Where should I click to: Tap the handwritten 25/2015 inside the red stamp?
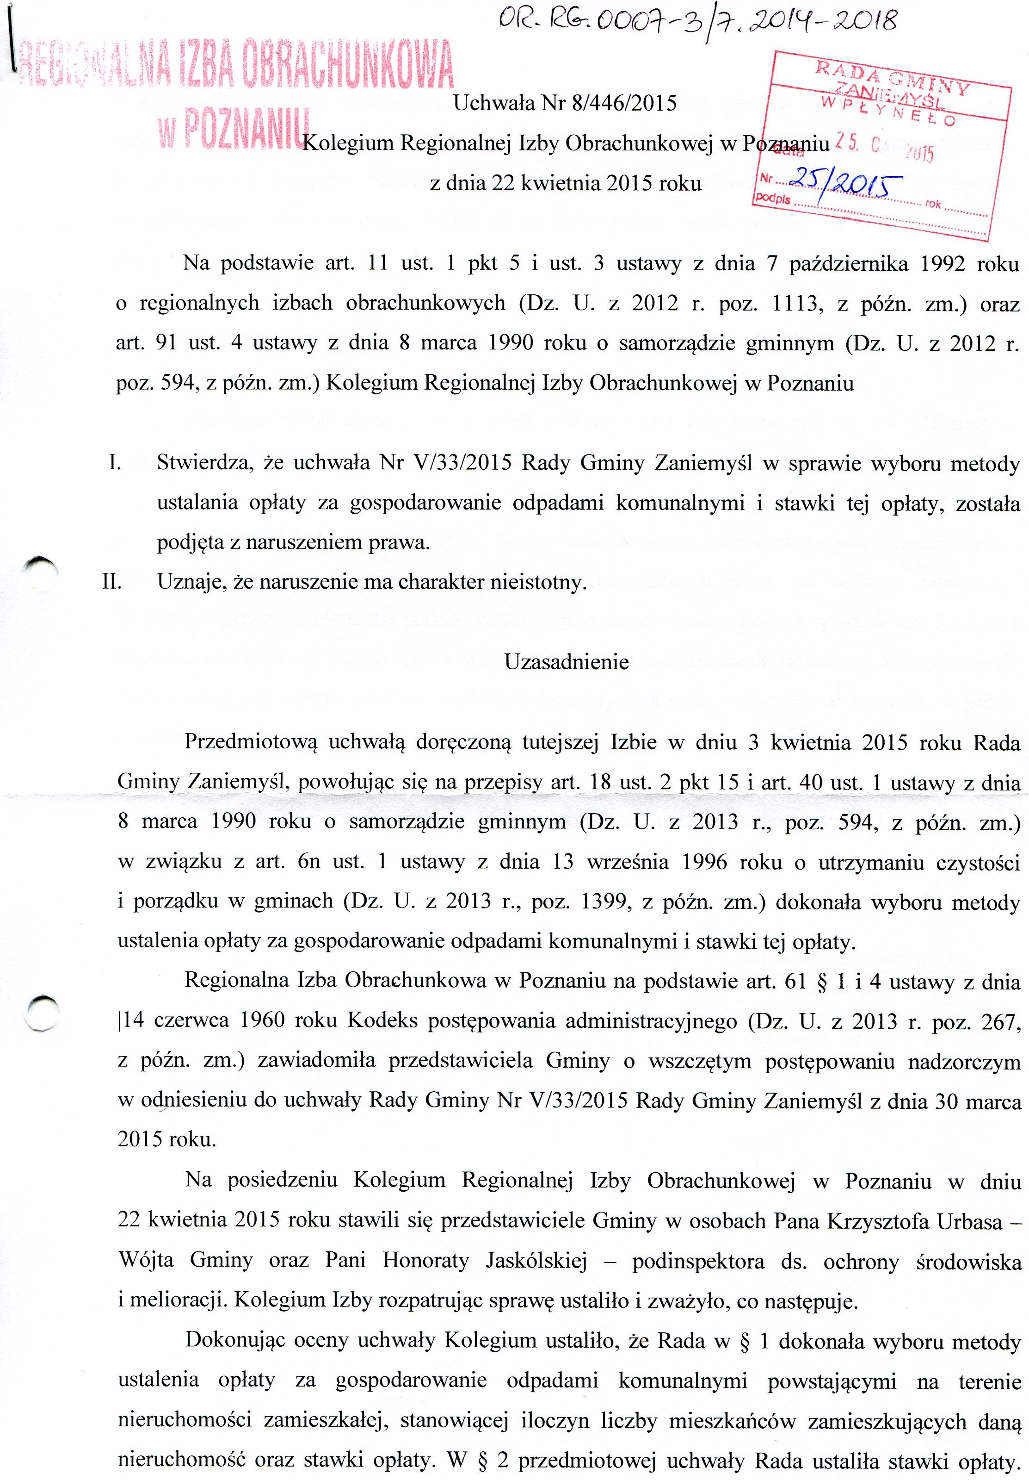(x=845, y=185)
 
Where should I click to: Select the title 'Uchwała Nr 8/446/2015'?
(x=565, y=104)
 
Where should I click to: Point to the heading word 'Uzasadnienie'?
(x=567, y=662)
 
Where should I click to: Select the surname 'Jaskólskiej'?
(x=536, y=1260)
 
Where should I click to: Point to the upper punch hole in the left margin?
(x=40, y=568)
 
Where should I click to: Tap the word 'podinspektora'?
(x=698, y=1261)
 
